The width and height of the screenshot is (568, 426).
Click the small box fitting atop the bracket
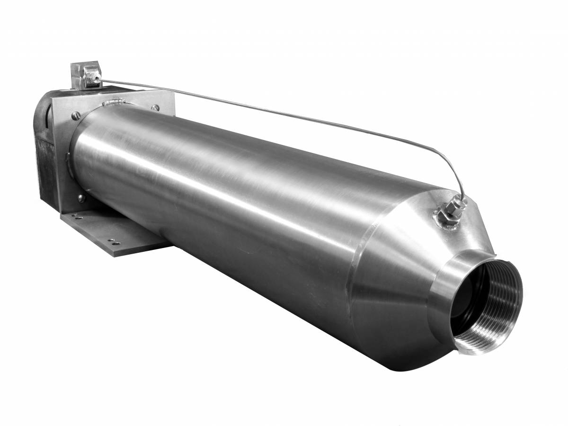coord(85,74)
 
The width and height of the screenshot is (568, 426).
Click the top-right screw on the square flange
coord(155,108)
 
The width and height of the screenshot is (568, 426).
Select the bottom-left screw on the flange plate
coord(80,197)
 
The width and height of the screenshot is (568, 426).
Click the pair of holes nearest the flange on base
coord(76,217)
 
